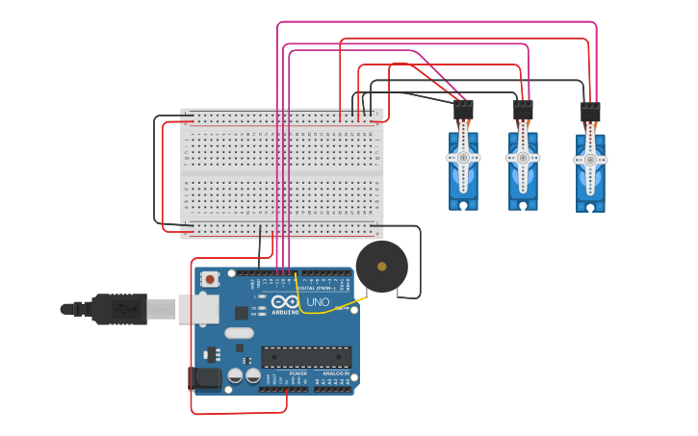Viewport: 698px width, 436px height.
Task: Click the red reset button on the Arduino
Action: (210, 279)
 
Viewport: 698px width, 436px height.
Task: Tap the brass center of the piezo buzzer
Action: (381, 267)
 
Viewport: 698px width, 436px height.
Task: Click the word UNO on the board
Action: (318, 302)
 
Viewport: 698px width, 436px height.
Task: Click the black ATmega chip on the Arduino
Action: (306, 357)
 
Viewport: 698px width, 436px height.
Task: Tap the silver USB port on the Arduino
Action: (197, 309)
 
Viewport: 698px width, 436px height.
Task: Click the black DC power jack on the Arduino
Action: (205, 377)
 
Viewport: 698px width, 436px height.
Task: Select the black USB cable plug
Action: (120, 309)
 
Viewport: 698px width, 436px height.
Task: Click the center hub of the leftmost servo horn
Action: (463, 157)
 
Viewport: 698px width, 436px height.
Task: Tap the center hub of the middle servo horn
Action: (523, 157)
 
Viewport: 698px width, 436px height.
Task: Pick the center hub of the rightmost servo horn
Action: (590, 160)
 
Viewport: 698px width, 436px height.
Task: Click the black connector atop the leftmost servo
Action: (463, 111)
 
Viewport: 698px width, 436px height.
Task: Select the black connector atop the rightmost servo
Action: (590, 113)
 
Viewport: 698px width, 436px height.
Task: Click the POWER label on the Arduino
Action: (285, 373)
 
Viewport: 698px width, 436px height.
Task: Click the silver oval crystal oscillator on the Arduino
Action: (240, 333)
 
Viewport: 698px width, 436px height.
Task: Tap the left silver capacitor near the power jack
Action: (234, 376)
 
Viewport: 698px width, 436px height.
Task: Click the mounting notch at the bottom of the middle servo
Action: (523, 204)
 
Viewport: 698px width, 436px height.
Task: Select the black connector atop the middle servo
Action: (523, 111)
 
